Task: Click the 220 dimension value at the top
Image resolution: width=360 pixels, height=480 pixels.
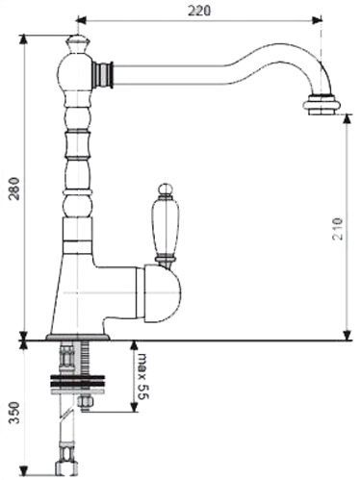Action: coord(199,11)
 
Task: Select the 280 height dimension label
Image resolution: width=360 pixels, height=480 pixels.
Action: coord(14,189)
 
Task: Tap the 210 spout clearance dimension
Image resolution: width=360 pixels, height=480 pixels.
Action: coord(338,229)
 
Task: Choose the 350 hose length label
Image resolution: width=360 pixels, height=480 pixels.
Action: coord(14,413)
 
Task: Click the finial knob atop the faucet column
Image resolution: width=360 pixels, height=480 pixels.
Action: coord(77,44)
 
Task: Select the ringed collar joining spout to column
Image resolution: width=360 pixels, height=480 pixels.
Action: coord(104,74)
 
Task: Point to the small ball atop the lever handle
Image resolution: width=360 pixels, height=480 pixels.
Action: coord(166,189)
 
